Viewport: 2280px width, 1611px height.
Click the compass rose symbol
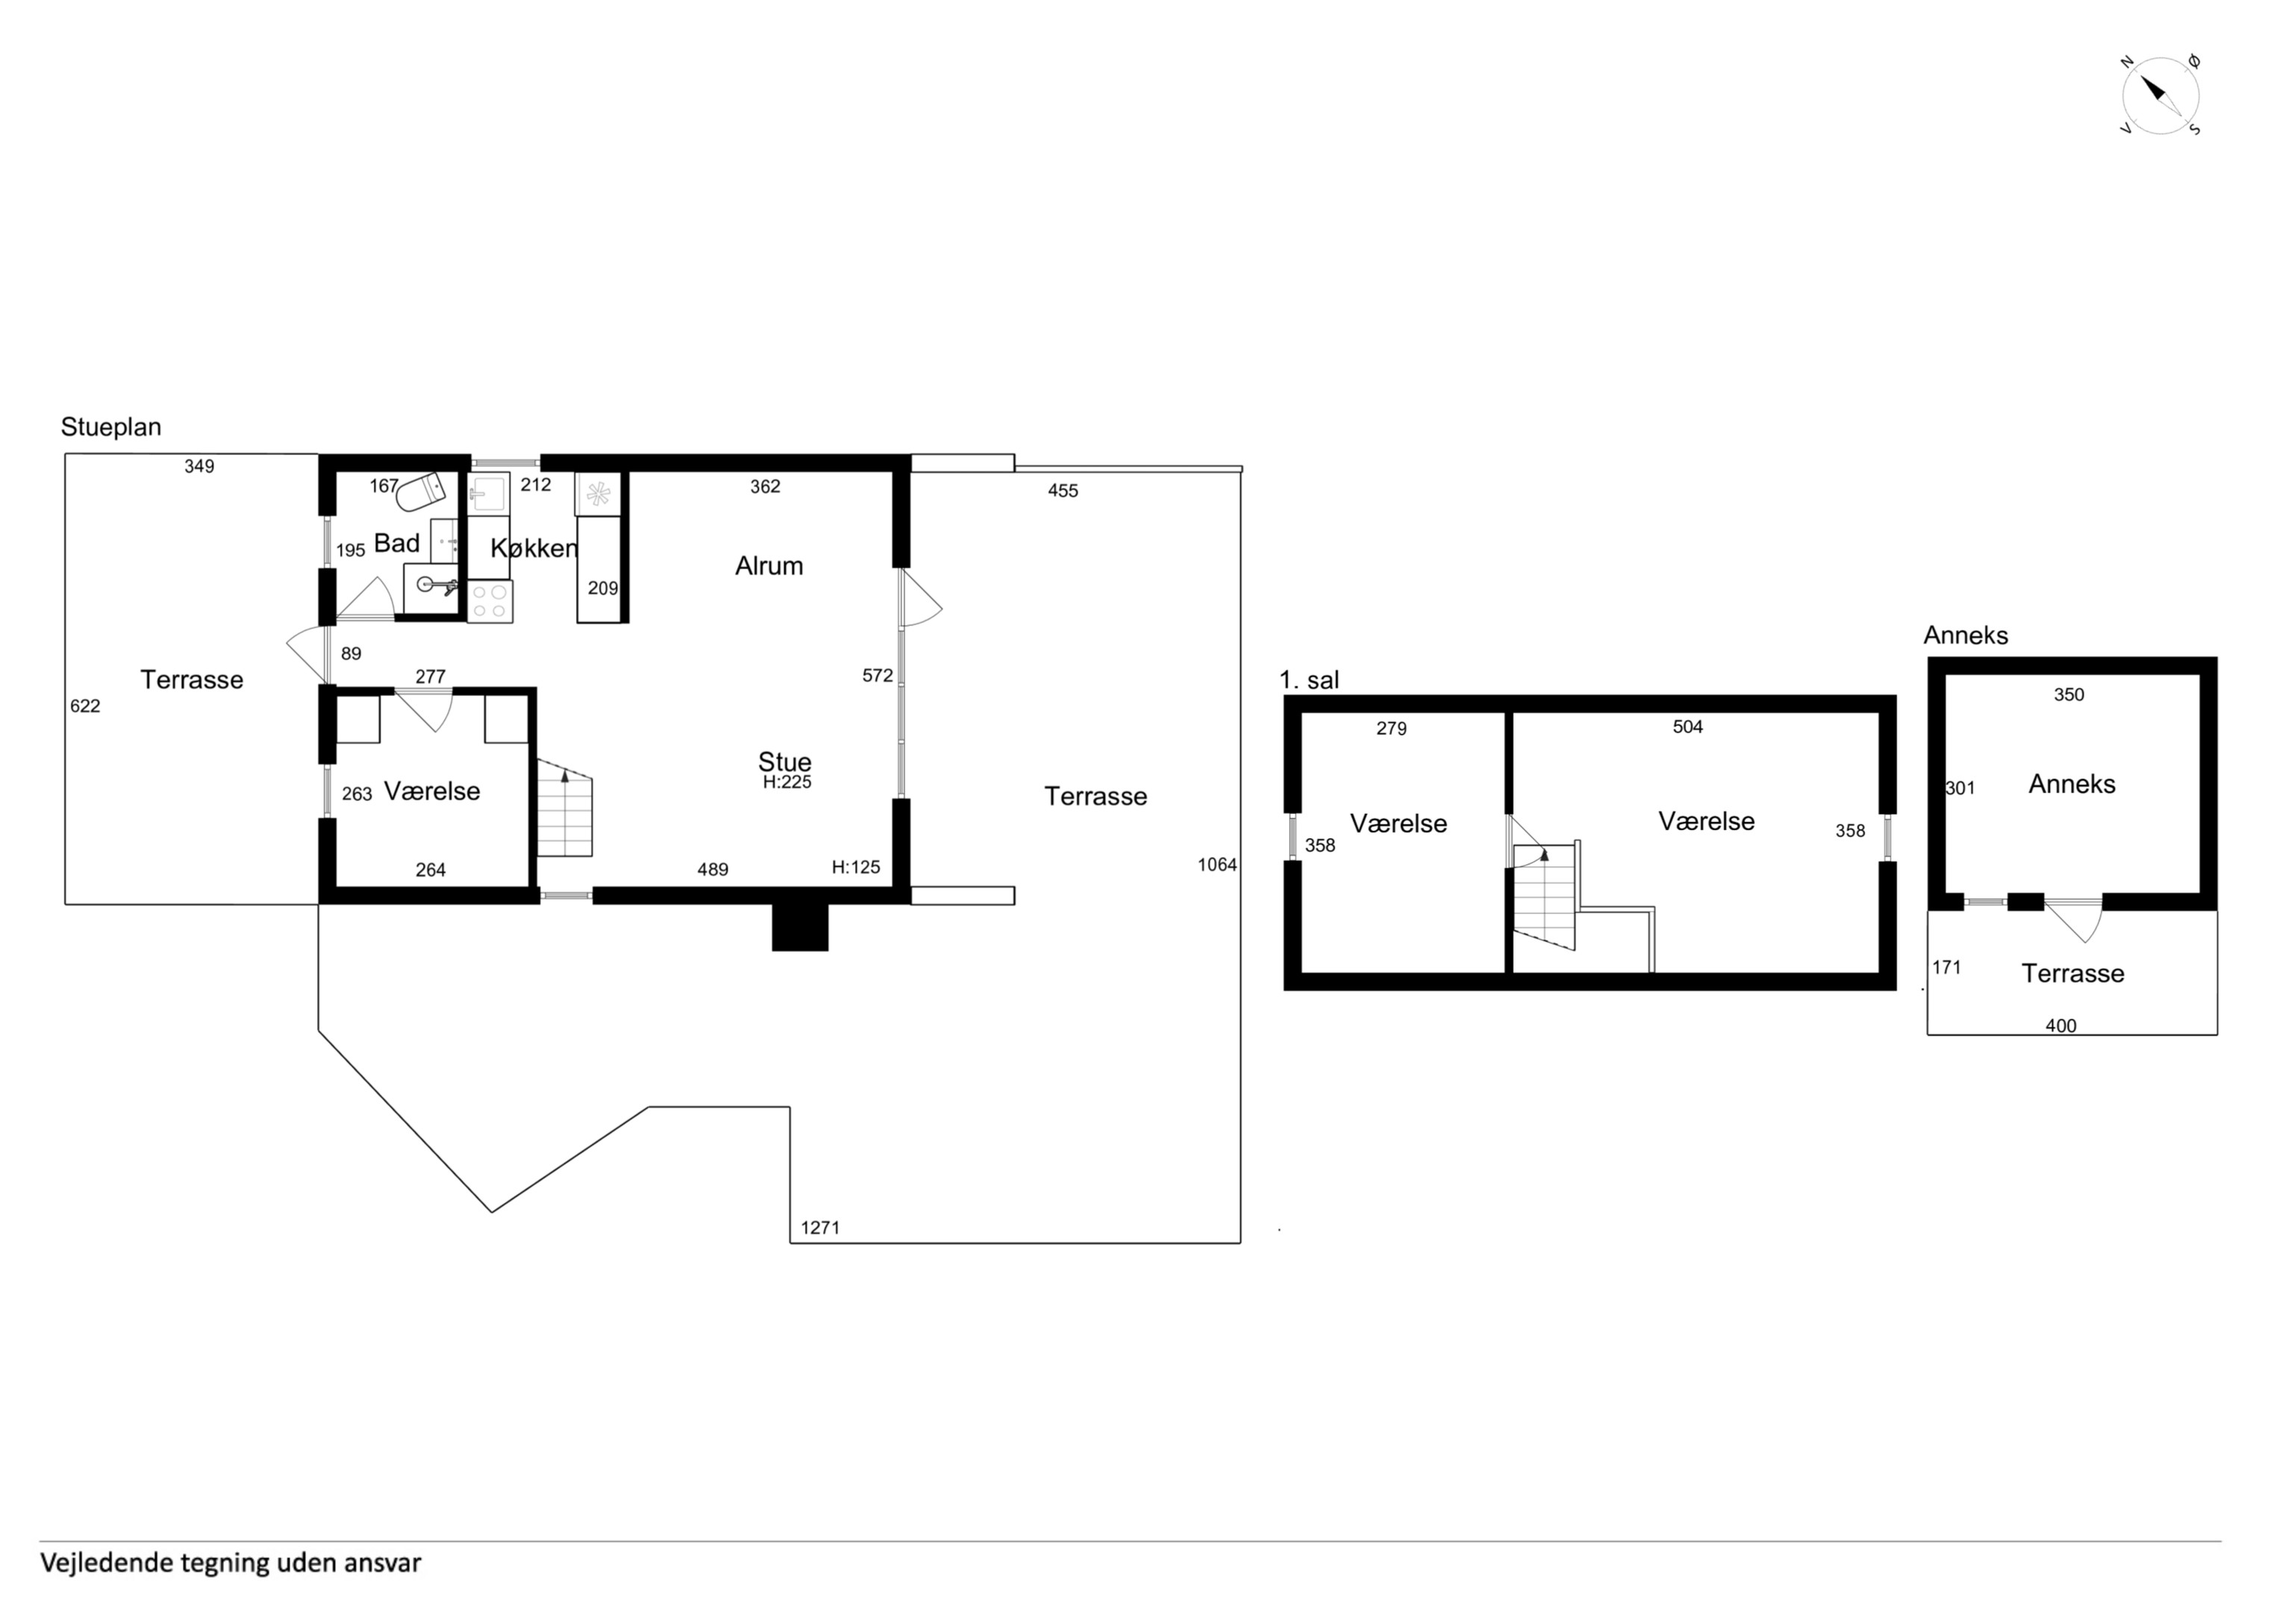click(x=2161, y=96)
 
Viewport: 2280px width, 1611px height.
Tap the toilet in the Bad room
click(x=421, y=492)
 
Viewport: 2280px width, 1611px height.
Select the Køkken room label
click(x=534, y=548)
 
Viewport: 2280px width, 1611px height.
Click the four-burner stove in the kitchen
click(x=490, y=602)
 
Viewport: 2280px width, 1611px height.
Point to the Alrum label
click(x=769, y=566)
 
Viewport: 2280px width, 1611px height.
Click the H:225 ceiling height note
click(x=787, y=782)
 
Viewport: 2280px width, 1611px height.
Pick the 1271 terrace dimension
click(x=820, y=1228)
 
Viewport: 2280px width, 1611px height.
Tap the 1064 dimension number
click(x=1217, y=864)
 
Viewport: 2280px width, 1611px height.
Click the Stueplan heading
click(x=111, y=427)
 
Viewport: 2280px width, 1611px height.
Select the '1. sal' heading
click(x=1310, y=680)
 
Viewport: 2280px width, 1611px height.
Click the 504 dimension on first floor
click(x=1688, y=726)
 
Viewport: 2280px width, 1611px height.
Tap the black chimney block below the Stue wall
click(x=800, y=927)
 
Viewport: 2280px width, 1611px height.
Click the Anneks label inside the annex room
click(x=2073, y=784)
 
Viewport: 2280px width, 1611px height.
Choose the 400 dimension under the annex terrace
click(x=2061, y=1026)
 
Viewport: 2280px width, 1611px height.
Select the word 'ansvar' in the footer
click(x=382, y=1563)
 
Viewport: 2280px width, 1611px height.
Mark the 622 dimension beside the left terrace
click(x=85, y=706)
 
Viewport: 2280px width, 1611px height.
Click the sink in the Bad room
click(x=431, y=588)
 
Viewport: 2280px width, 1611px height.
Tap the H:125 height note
click(x=856, y=867)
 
